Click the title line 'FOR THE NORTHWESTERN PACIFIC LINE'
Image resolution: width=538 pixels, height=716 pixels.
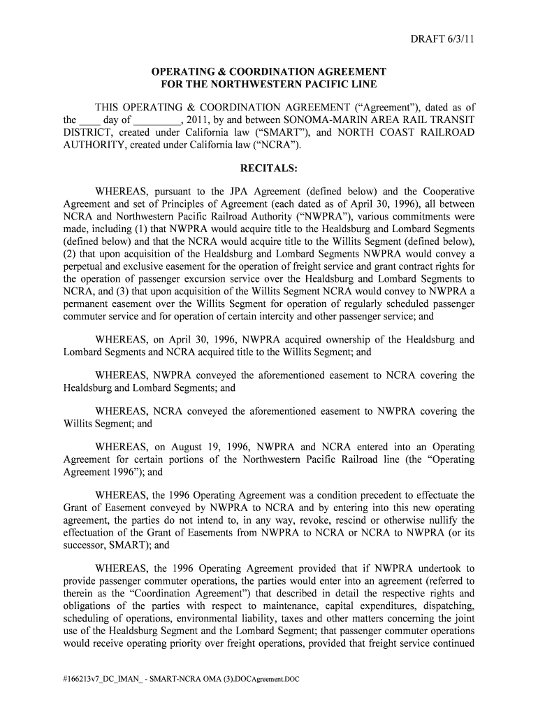(269, 85)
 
